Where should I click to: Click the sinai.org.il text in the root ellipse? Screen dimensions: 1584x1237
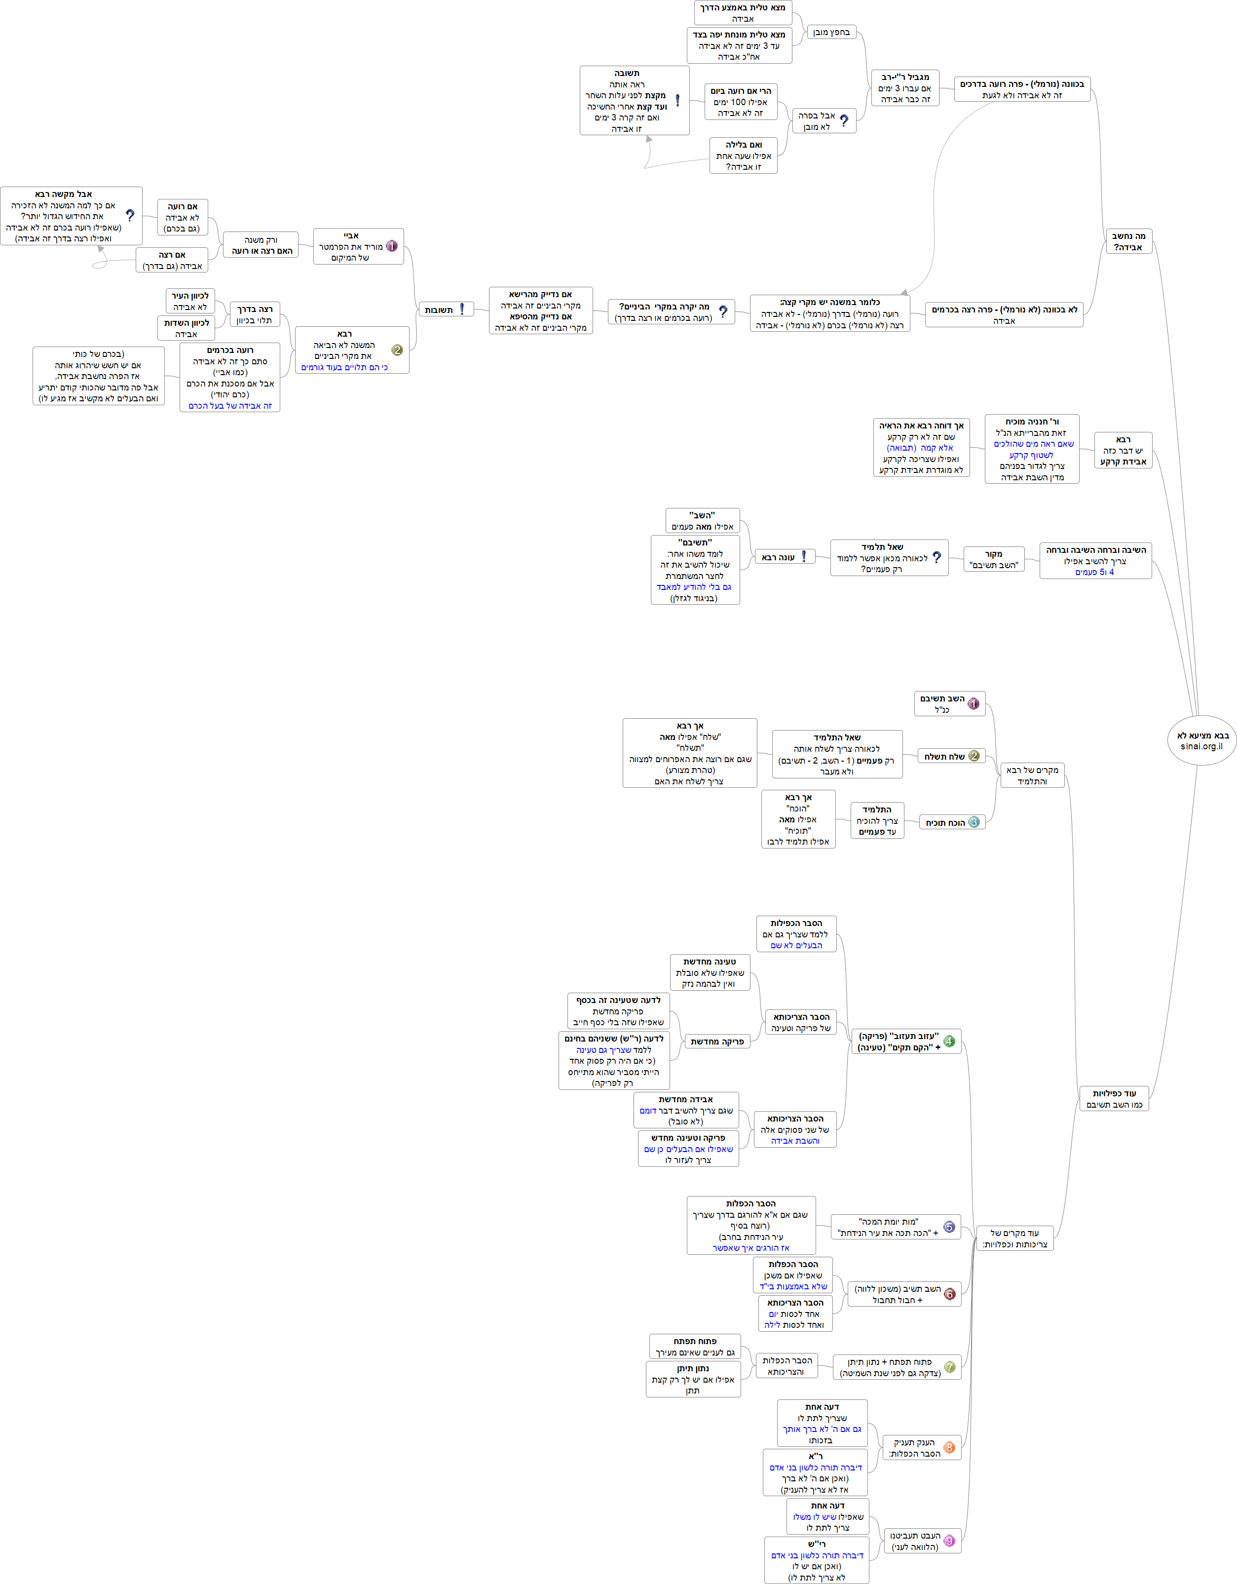[1201, 746]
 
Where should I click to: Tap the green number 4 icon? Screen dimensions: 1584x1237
[949, 1042]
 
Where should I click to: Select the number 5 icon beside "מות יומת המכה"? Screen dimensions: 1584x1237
[949, 1227]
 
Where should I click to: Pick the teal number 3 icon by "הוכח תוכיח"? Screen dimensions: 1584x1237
[974, 822]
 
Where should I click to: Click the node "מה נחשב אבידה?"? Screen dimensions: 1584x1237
[1129, 241]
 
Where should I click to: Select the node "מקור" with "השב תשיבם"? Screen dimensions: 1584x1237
[993, 559]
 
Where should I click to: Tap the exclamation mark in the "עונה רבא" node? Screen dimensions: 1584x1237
[803, 556]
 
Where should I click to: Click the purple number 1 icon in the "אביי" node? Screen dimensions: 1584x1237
[392, 246]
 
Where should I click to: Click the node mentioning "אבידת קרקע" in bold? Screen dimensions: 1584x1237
[1123, 450]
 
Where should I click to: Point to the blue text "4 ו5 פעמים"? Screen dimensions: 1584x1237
[1094, 572]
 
